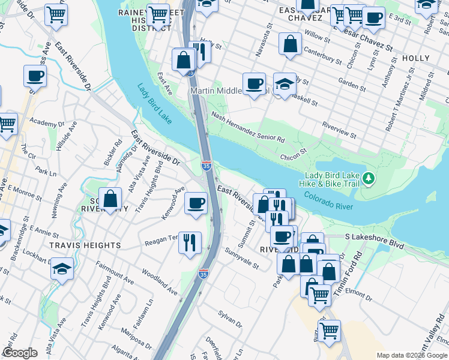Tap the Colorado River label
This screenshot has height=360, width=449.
(x=328, y=200)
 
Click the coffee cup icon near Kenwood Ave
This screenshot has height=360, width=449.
(x=196, y=203)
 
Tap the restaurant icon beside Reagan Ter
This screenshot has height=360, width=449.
(x=190, y=242)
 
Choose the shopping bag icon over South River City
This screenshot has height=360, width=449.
(x=111, y=199)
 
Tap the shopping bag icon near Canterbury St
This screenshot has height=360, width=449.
(x=291, y=44)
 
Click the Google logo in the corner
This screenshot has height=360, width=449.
(x=20, y=353)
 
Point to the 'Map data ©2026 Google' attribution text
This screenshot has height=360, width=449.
(x=412, y=355)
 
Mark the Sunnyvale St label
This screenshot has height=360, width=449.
(x=242, y=258)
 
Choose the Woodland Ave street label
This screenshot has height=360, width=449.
(x=160, y=281)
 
